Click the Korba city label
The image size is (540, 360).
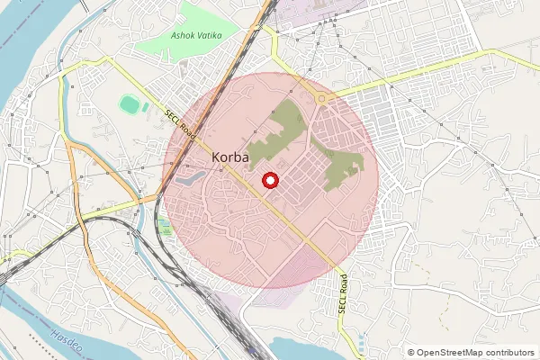pyautogui.click(x=230, y=157)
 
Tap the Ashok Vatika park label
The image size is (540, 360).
pyautogui.click(x=197, y=36)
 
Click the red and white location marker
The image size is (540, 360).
pyautogui.click(x=269, y=181)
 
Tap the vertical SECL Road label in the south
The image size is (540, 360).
pyautogui.click(x=342, y=294)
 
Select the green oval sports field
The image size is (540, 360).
pyautogui.click(x=130, y=104)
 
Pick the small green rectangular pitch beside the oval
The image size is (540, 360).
pyautogui.click(x=145, y=106)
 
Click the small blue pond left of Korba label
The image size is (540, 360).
pyautogui.click(x=186, y=178)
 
